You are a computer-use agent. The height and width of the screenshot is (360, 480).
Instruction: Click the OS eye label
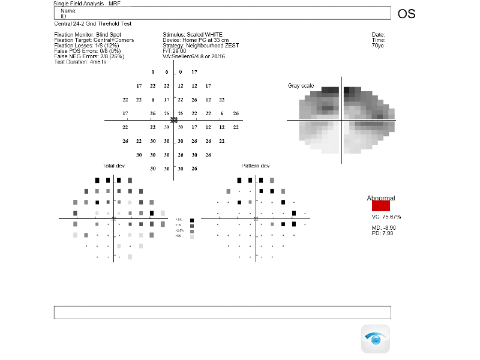click(406, 14)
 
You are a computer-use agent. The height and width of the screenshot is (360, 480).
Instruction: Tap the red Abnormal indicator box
click(381, 206)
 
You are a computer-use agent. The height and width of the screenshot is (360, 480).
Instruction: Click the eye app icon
click(375, 339)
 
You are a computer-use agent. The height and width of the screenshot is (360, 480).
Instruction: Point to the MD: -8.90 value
click(384, 227)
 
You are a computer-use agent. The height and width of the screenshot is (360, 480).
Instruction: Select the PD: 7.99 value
click(383, 233)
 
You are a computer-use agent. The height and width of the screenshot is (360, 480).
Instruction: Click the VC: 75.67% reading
click(386, 217)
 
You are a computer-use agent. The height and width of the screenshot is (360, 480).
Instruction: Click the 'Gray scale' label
click(301, 86)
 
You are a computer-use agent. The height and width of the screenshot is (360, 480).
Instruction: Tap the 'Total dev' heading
click(113, 165)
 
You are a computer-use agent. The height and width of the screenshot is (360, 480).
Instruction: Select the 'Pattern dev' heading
click(256, 165)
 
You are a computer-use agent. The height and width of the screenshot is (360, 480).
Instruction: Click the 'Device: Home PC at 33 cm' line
click(191, 40)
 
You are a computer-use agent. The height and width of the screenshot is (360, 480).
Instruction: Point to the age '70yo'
click(378, 46)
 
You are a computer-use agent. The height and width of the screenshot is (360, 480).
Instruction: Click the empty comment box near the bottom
click(222, 313)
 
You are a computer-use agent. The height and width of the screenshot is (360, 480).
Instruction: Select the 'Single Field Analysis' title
click(79, 4)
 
